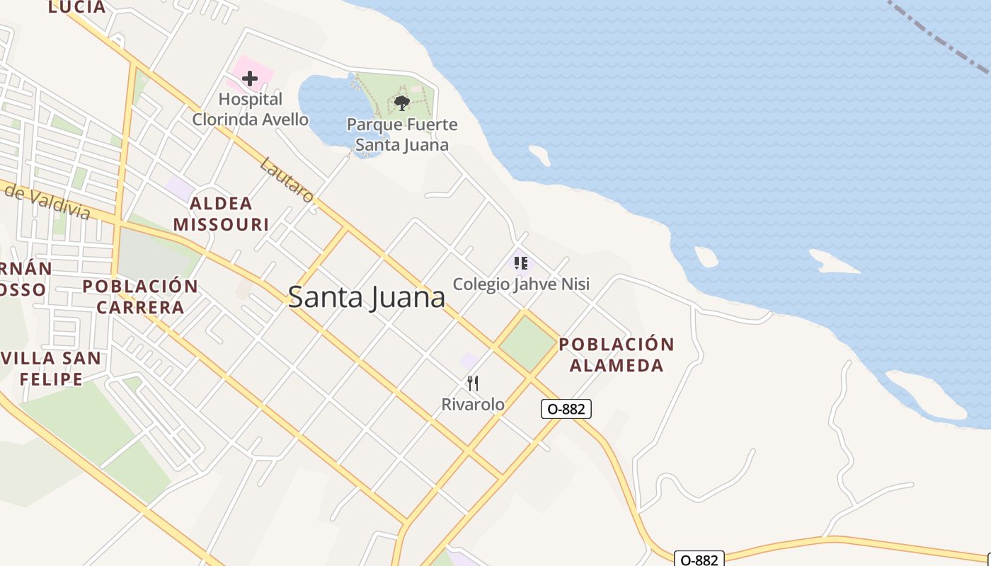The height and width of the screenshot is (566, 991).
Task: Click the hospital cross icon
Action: pos(249,79)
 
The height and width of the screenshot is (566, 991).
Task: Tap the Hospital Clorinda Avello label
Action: pos(251,109)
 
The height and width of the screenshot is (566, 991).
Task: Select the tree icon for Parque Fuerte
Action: pos(402,103)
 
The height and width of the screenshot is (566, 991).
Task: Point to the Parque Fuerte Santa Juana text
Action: pos(402,135)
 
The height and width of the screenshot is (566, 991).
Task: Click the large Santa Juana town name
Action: pos(367,297)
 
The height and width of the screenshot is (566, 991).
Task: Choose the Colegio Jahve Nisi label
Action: pos(521,284)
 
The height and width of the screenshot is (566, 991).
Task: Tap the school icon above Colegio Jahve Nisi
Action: pos(521,264)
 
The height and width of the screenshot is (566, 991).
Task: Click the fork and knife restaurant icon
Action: pos(473,383)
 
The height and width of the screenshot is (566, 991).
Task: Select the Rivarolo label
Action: pos(473,405)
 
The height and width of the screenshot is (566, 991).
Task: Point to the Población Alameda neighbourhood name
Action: pos(617,355)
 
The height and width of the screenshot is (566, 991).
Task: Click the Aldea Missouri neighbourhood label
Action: pos(221,214)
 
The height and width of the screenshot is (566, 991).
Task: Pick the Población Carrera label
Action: pos(140,296)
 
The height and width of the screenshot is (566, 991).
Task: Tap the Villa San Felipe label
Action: pos(51,368)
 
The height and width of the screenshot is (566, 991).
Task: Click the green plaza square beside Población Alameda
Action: pos(527,344)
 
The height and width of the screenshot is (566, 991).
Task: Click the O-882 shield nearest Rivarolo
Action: pos(566,408)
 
